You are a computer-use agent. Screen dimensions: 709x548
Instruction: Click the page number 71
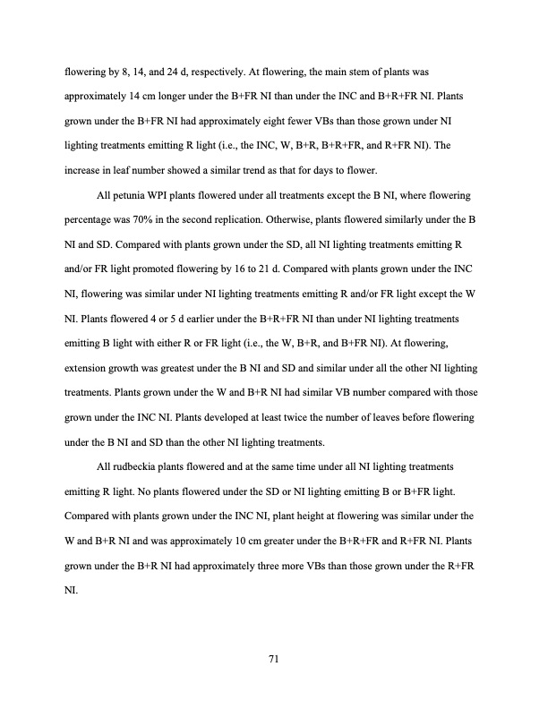pyautogui.click(x=274, y=659)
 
